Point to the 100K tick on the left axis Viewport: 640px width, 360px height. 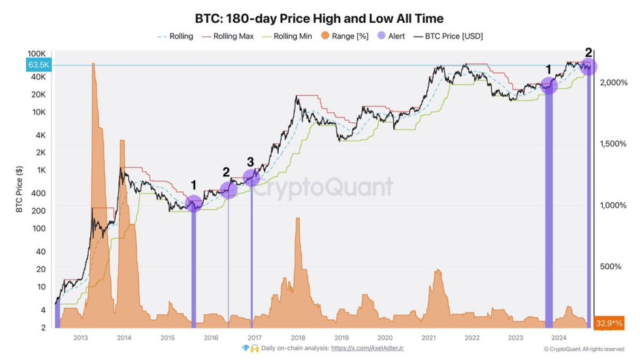[36, 53]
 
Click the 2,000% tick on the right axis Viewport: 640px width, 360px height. [613, 83]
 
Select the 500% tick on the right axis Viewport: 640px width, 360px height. [611, 266]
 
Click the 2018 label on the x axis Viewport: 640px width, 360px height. [298, 337]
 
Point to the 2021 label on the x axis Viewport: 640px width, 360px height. [428, 337]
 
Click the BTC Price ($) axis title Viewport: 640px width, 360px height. [19, 189]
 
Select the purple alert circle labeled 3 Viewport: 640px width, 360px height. [251, 177]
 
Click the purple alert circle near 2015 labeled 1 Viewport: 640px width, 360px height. [193, 204]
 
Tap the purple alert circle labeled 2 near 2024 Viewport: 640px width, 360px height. [588, 67]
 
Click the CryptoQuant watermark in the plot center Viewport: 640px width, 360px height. [323, 188]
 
